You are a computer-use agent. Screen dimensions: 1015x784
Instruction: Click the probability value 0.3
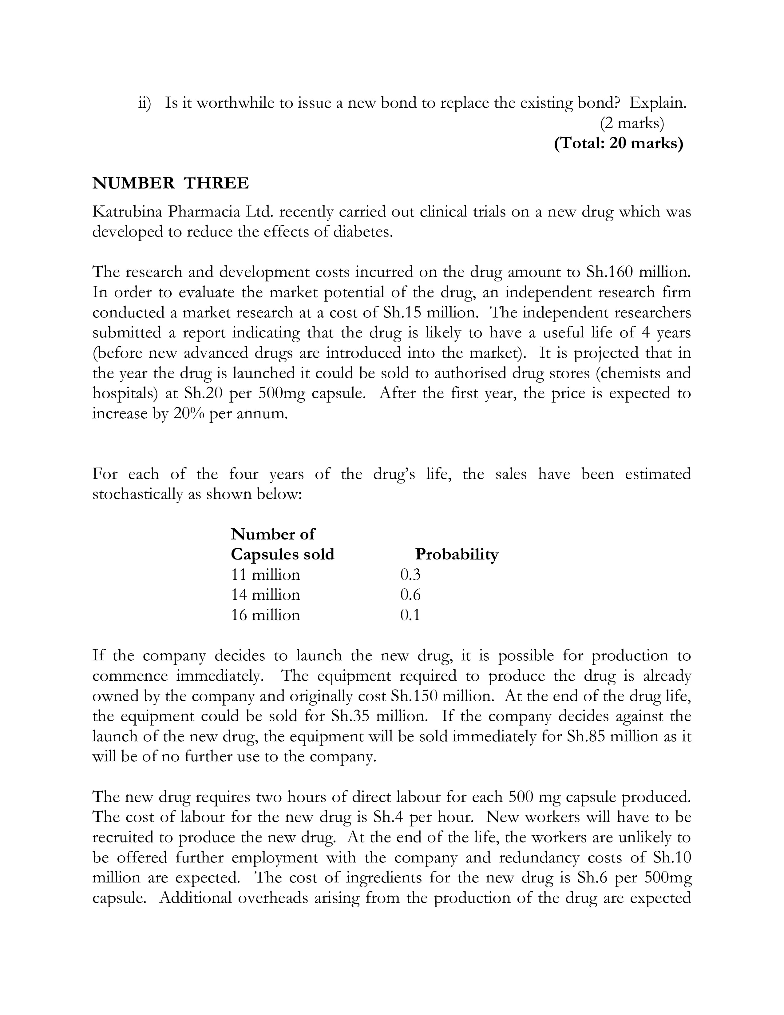click(x=410, y=575)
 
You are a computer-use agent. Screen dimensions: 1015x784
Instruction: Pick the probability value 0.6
click(x=410, y=595)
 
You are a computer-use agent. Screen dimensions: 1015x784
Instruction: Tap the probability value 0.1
click(x=410, y=615)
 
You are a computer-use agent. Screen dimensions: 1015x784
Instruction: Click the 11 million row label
click(x=265, y=575)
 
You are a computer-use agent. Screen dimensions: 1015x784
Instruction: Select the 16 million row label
click(x=265, y=615)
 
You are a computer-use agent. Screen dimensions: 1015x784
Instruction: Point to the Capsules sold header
click(x=282, y=555)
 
